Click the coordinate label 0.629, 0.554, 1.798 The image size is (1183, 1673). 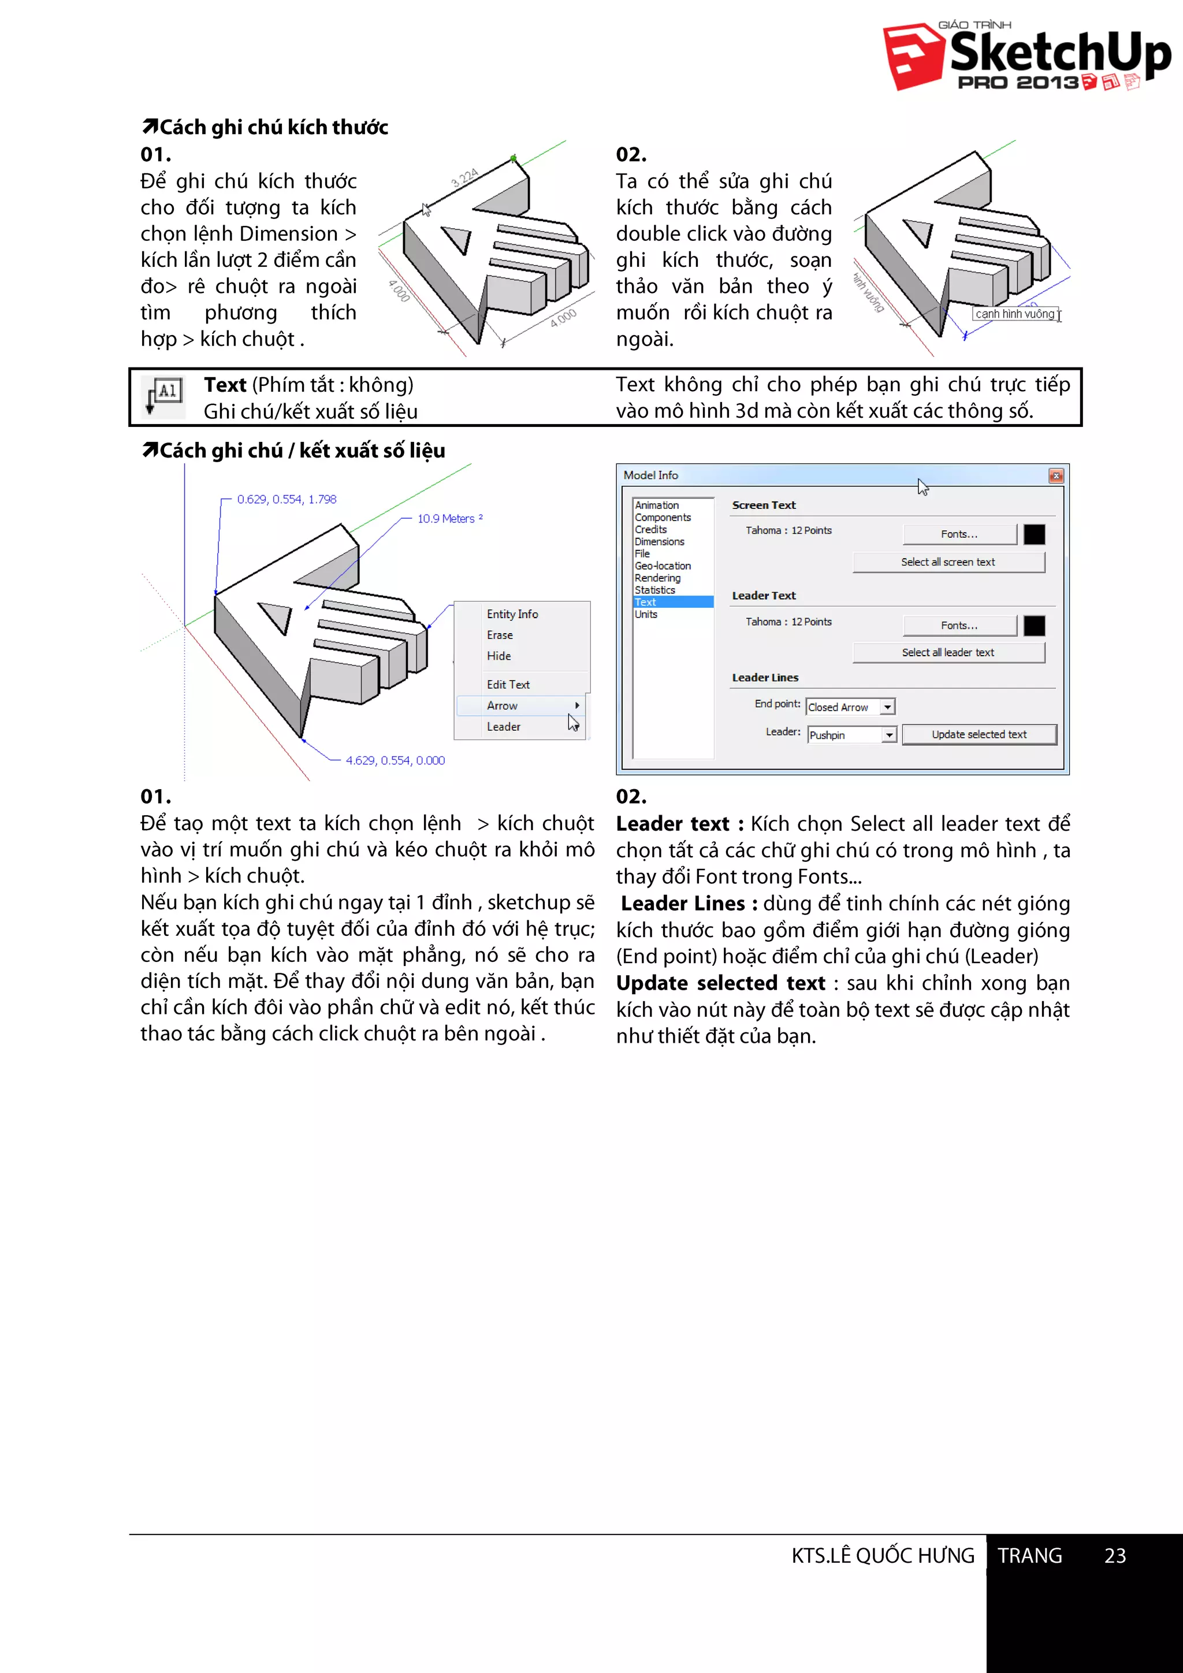tap(287, 499)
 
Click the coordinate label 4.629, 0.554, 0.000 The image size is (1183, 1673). tap(395, 760)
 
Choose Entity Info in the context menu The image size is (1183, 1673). tap(512, 614)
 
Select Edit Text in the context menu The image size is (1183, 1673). tap(508, 684)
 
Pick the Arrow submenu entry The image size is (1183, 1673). tap(503, 705)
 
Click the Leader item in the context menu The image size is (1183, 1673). tap(503, 727)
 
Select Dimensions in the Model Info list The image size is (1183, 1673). tap(659, 541)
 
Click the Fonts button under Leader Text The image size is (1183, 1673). tap(959, 625)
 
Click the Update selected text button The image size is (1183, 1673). tap(979, 734)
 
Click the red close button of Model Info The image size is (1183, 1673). tap(1055, 476)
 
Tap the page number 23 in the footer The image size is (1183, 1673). tap(1114, 1556)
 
